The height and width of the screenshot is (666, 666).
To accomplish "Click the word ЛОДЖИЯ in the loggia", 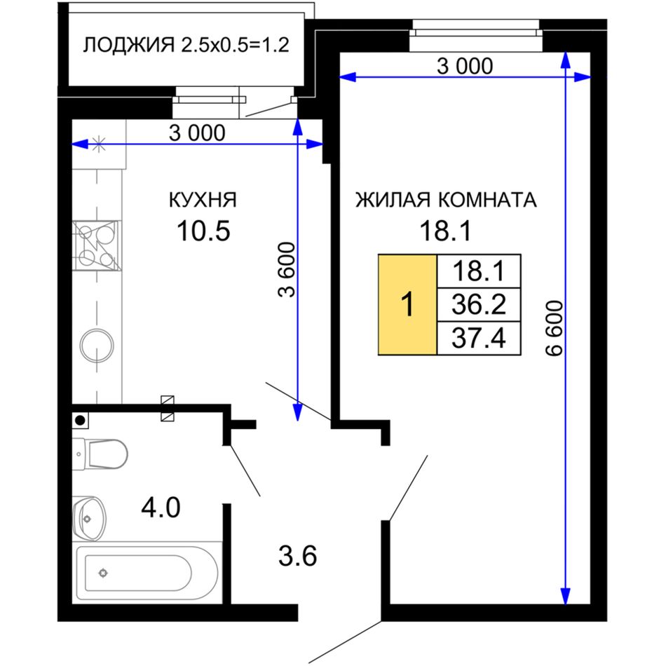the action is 129,45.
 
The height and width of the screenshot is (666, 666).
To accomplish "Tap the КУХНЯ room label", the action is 203,200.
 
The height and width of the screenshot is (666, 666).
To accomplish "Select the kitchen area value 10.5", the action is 203,231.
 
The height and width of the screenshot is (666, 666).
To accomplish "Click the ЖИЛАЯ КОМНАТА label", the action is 446,200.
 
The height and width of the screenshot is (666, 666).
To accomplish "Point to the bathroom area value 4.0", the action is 161,508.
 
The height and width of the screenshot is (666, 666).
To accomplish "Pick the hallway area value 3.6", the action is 298,556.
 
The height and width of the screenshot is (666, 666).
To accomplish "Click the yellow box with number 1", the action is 407,304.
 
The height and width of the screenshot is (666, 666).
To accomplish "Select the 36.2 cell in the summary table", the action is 479,304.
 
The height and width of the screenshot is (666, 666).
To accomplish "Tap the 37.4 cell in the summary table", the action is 479,338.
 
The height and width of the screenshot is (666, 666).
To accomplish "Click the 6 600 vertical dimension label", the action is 555,328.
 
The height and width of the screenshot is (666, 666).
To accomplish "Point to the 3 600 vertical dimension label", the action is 286,270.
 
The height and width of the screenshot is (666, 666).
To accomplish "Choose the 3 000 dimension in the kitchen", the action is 197,133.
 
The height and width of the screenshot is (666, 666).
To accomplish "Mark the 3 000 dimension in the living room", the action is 465,67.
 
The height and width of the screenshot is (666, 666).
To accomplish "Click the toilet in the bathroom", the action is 100,454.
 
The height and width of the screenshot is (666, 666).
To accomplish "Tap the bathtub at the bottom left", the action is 147,573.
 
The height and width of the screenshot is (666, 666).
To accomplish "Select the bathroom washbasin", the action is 89,519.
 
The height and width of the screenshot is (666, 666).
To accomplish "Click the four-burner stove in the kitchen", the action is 97,245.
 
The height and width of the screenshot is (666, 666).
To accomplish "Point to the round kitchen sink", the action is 97,346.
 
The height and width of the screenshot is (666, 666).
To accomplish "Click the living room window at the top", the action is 476,36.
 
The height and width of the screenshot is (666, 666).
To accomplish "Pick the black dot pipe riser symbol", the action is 80,421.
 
